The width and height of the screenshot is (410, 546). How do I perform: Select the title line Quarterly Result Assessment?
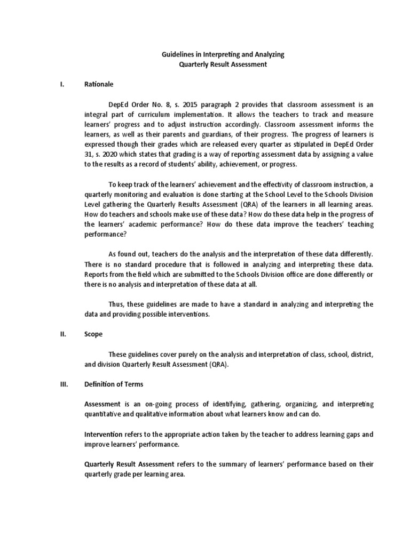[x=223, y=65]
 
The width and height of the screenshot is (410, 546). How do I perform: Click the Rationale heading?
[x=99, y=84]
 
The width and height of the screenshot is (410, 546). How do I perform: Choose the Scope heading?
[x=93, y=334]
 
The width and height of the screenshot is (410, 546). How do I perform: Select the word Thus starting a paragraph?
[x=117, y=304]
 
